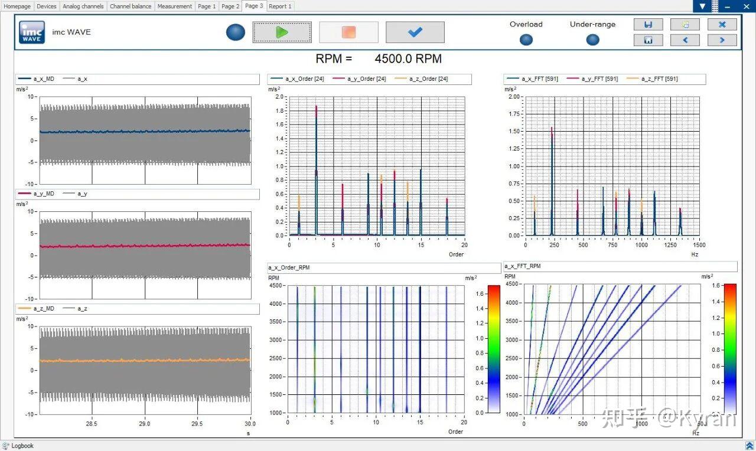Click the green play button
tap(282, 32)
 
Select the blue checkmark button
tap(415, 32)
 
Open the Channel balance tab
tap(131, 6)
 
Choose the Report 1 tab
tap(280, 6)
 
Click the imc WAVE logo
tap(32, 32)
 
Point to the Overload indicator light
tap(526, 40)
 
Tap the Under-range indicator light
tap(592, 40)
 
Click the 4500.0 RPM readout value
tap(408, 58)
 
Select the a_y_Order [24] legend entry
tap(359, 79)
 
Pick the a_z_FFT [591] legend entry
tap(652, 79)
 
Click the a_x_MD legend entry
tap(36, 79)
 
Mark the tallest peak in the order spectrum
tap(316, 106)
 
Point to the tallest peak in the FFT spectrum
tap(552, 128)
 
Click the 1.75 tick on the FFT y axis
tap(514, 114)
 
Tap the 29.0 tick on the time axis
tap(145, 424)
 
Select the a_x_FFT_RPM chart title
tap(523, 266)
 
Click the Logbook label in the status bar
tap(22, 446)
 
